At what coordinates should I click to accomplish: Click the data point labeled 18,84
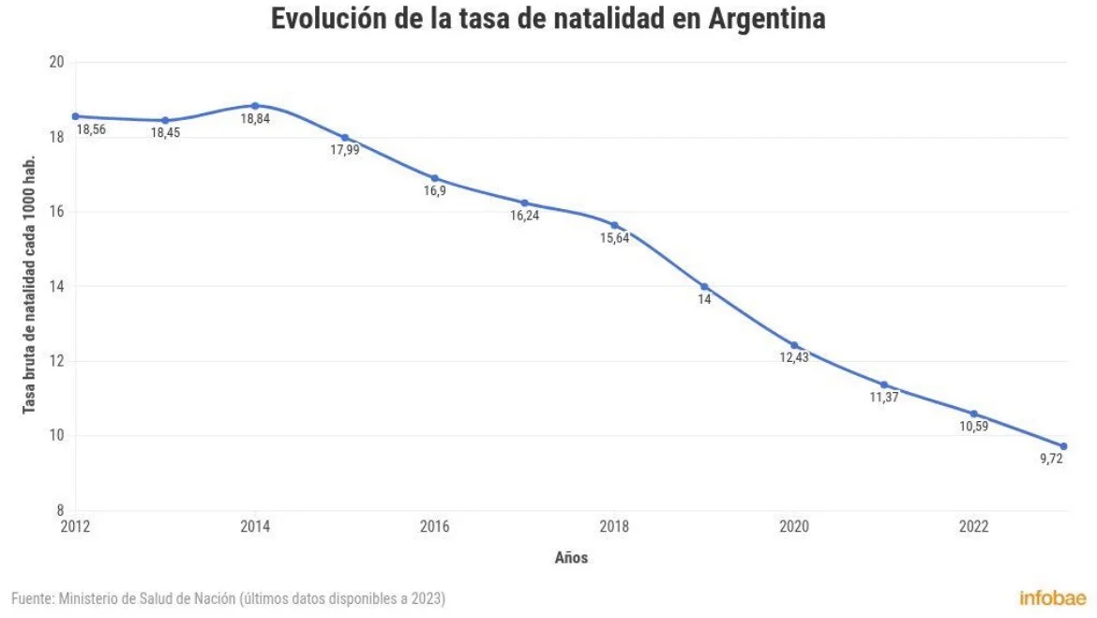coord(255,106)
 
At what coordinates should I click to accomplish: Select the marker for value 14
coord(704,287)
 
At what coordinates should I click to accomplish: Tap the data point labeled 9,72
coord(1063,446)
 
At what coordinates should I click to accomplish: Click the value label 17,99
coord(345,150)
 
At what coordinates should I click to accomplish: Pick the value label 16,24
coord(525,216)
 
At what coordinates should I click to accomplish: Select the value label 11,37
coord(884,397)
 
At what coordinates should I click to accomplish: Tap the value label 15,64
coord(614,238)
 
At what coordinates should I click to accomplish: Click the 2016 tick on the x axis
coord(434,526)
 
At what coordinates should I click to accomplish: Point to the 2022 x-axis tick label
coord(974,526)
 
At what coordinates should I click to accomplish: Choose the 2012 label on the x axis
coord(76,526)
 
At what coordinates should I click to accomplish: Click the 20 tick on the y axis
coord(56,62)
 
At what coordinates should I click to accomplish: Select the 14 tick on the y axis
coord(56,286)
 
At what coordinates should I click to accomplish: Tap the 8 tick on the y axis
coord(60,510)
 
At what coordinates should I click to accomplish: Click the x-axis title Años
coord(572,558)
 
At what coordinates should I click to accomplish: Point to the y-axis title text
coord(29,284)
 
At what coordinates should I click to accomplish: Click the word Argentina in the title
coord(767,19)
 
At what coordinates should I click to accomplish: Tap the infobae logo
coord(1053,597)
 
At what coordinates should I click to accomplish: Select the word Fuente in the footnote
coord(32,598)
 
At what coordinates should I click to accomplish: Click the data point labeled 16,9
coord(434,178)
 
